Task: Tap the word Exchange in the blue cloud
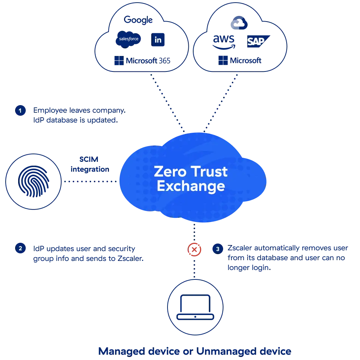pos(191,186)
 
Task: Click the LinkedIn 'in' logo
pos(158,40)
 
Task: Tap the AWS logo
pos(224,41)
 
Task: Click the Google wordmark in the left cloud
pos(139,20)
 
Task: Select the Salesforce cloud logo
pos(128,39)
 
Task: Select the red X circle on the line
pos(194,249)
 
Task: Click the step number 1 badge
pos(20,111)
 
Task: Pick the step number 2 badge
pos(20,248)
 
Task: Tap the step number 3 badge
pos(217,249)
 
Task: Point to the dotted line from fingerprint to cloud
pos(91,182)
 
